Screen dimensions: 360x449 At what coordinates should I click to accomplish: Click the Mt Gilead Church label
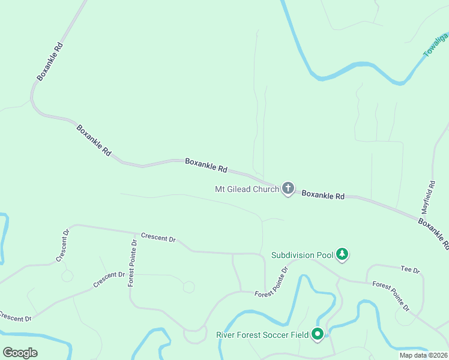click(x=247, y=190)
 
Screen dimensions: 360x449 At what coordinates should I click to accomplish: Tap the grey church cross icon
click(x=288, y=190)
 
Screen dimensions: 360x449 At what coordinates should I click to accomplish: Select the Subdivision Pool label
click(x=302, y=255)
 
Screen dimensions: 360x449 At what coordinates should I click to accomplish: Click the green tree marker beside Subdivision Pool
click(x=342, y=254)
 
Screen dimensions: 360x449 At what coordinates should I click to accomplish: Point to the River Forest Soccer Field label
click(x=262, y=334)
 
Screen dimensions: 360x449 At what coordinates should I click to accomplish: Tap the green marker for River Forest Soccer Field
click(x=318, y=334)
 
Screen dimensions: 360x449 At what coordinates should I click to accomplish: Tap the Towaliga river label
click(x=436, y=45)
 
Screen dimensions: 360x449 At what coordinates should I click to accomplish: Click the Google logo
click(x=20, y=353)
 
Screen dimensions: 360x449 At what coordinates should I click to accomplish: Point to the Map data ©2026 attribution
click(x=424, y=355)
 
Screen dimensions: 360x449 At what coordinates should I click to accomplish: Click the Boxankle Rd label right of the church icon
click(x=323, y=195)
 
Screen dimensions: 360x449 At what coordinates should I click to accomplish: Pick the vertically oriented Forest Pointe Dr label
click(x=133, y=263)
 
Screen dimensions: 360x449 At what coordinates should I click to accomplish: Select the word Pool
click(x=325, y=255)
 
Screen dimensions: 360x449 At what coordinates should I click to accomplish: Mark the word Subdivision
click(x=294, y=255)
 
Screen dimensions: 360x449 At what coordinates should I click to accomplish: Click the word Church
click(x=267, y=190)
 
